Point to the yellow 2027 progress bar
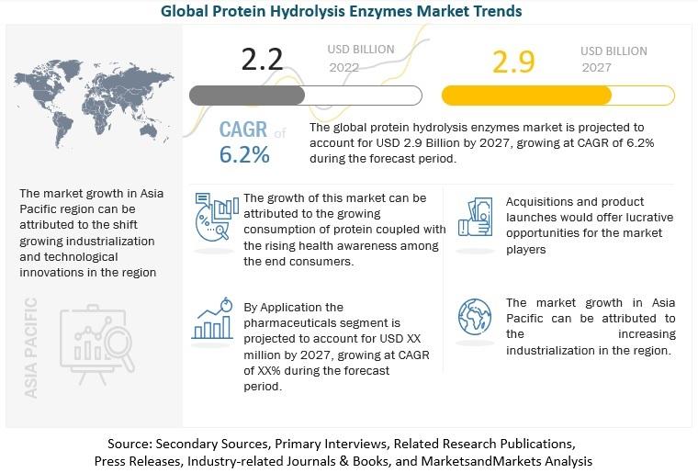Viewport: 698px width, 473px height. [557, 96]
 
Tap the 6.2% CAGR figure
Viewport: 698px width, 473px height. [244, 155]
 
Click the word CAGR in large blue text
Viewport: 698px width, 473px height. [243, 131]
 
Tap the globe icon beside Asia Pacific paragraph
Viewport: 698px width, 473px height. [475, 319]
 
